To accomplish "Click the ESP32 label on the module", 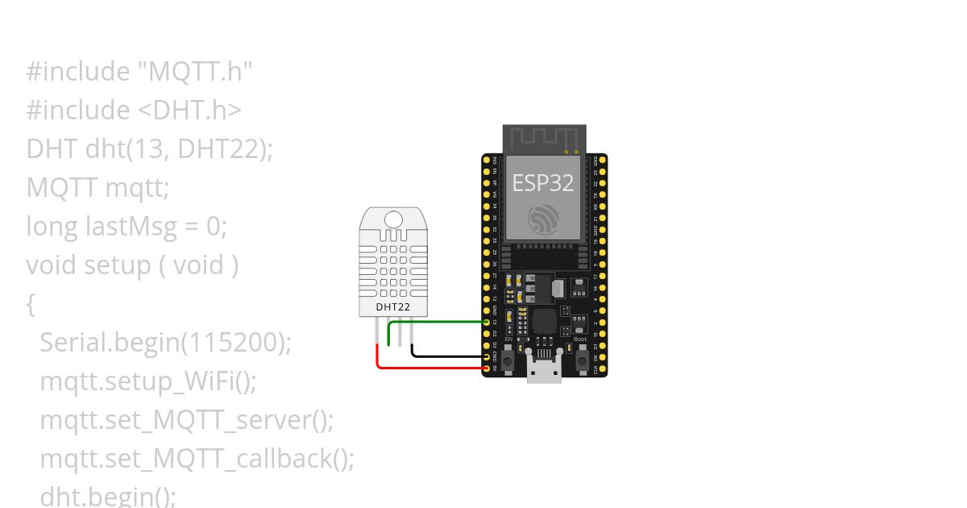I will pyautogui.click(x=543, y=182).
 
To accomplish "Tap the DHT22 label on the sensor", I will pyautogui.click(x=393, y=306).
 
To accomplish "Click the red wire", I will pyautogui.click(x=427, y=368).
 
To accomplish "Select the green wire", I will pyautogui.click(x=439, y=322).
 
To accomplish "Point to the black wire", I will pyautogui.click(x=447, y=356).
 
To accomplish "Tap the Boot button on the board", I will pyautogui.click(x=580, y=360).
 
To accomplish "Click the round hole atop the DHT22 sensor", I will pyautogui.click(x=394, y=219).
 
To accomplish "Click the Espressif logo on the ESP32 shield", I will pyautogui.click(x=543, y=219).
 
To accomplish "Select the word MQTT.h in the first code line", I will pyautogui.click(x=196, y=72).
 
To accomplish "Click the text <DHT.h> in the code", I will pyautogui.click(x=196, y=110).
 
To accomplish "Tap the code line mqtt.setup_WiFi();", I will pyautogui.click(x=148, y=381).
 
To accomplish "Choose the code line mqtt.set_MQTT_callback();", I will pyautogui.click(x=197, y=459).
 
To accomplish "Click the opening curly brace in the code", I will pyautogui.click(x=31, y=304).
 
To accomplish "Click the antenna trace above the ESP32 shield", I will pyautogui.click(x=543, y=137).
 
